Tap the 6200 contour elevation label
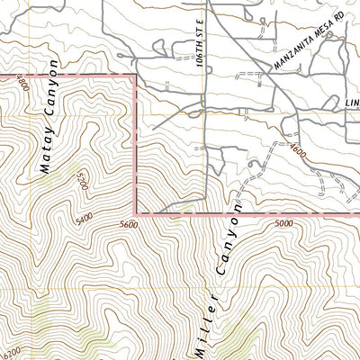11,353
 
